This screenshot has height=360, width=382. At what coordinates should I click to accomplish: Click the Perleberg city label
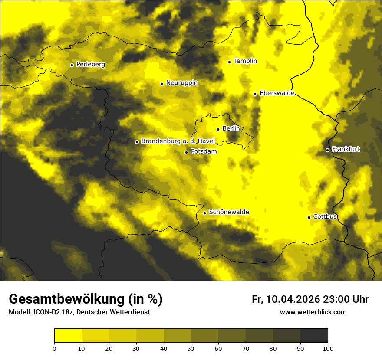pyautogui.click(x=90, y=65)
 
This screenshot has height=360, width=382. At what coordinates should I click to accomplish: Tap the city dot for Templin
pyautogui.click(x=229, y=62)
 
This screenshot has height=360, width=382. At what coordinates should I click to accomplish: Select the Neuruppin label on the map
pyautogui.click(x=181, y=83)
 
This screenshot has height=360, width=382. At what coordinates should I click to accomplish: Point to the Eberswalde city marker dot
pyautogui.click(x=255, y=94)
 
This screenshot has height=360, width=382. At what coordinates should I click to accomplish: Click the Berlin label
pyautogui.click(x=231, y=128)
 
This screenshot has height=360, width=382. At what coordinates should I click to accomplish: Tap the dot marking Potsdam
pyautogui.click(x=186, y=152)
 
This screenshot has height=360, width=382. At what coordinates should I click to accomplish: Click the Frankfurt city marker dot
pyautogui.click(x=327, y=150)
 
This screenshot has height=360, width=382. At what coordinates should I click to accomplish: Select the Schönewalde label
pyautogui.click(x=229, y=212)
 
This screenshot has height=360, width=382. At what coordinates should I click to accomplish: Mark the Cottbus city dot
pyautogui.click(x=309, y=217)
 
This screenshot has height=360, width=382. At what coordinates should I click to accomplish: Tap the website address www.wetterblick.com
pyautogui.click(x=313, y=312)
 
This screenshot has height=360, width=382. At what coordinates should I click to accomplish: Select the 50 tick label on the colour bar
pyautogui.click(x=191, y=348)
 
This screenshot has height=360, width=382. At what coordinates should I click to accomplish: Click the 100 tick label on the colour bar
pyautogui.click(x=328, y=348)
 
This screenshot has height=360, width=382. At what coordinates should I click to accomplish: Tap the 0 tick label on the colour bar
pyautogui.click(x=54, y=348)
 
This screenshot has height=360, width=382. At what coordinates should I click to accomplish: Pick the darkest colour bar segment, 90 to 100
pyautogui.click(x=314, y=336)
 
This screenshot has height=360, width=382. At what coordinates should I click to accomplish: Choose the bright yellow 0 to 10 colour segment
pyautogui.click(x=68, y=336)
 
